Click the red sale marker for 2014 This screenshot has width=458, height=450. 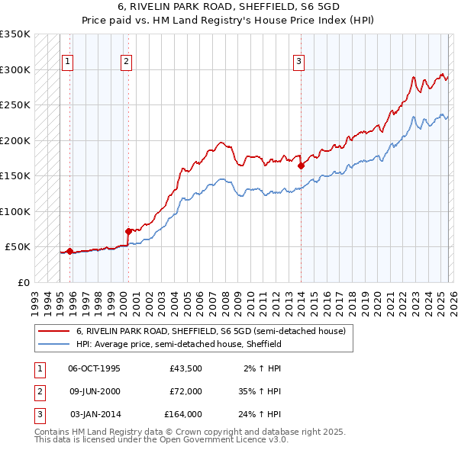301,165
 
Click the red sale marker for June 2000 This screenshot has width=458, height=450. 128,230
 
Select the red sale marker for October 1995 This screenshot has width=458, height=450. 69,251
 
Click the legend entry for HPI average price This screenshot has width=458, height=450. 179,344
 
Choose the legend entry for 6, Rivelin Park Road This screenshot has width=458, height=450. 211,331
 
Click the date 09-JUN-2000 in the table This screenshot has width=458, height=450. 94,391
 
